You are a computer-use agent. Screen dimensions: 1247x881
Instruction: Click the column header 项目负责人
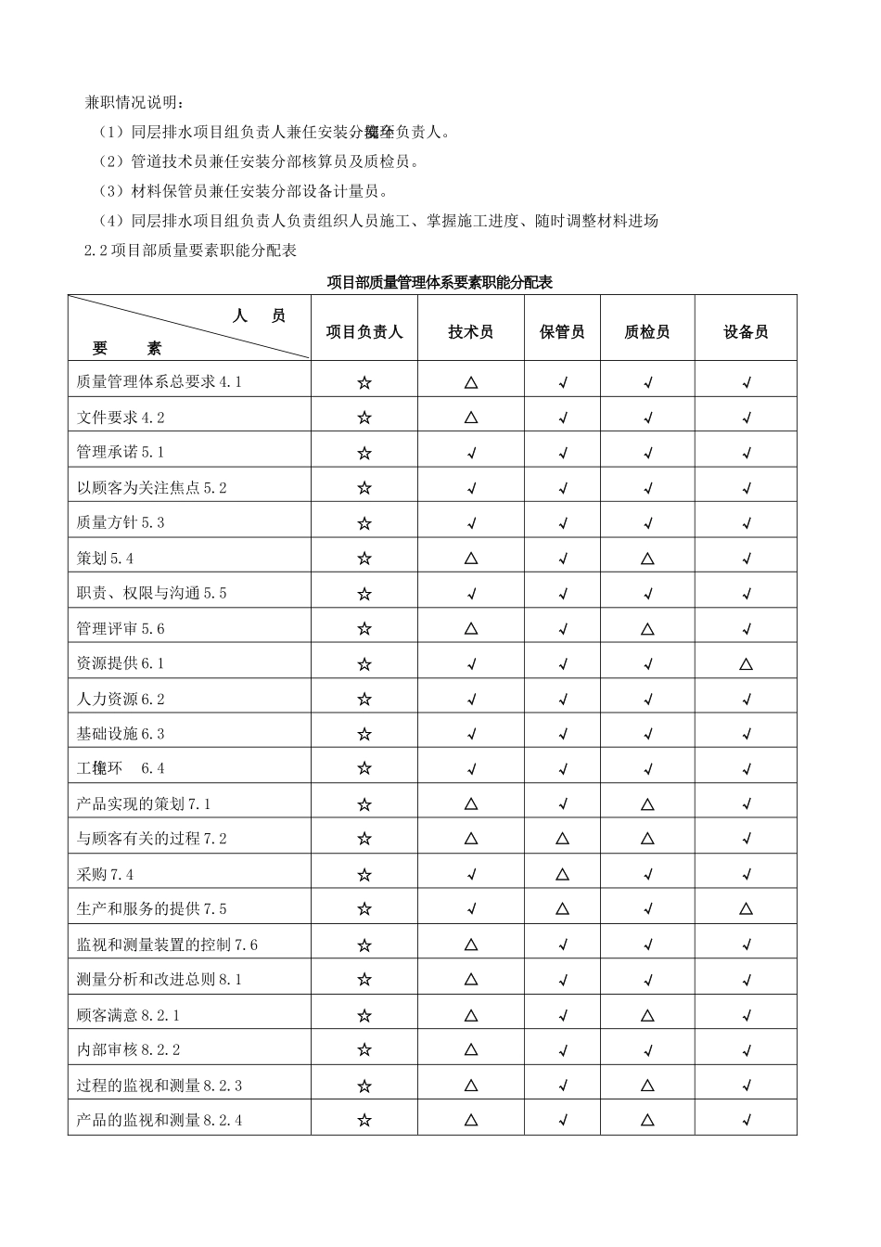click(x=364, y=332)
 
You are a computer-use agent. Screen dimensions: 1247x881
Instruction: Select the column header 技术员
click(x=470, y=332)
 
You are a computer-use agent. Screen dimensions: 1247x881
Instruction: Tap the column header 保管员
click(x=562, y=332)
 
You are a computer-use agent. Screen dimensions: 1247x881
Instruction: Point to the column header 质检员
click(x=647, y=332)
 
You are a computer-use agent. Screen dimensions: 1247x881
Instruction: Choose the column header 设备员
click(x=746, y=332)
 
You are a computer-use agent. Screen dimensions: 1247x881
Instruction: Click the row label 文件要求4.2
click(x=121, y=418)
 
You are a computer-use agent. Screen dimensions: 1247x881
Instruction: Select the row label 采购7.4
click(x=106, y=874)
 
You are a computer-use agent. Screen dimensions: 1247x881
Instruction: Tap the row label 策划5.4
click(x=106, y=558)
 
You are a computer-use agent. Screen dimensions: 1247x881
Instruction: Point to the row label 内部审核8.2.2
click(x=128, y=1049)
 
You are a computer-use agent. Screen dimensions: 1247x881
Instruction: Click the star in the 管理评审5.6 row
click(x=364, y=629)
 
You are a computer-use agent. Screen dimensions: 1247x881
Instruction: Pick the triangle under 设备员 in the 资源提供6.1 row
click(x=746, y=664)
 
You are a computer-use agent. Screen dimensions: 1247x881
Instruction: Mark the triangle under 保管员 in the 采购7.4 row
click(x=562, y=874)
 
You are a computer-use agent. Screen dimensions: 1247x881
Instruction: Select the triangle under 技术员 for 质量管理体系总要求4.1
click(x=470, y=381)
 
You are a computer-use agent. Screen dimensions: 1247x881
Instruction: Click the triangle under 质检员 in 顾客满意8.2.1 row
click(x=647, y=1015)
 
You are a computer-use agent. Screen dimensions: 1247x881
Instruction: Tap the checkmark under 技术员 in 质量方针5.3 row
click(x=470, y=523)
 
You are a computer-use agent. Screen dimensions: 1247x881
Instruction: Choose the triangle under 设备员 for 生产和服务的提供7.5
click(x=746, y=909)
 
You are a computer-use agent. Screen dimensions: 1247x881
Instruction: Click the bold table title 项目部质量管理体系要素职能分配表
click(x=440, y=282)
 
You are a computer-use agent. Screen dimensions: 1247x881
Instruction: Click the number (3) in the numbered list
click(x=110, y=191)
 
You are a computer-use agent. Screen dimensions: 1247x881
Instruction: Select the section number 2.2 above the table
click(x=96, y=251)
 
